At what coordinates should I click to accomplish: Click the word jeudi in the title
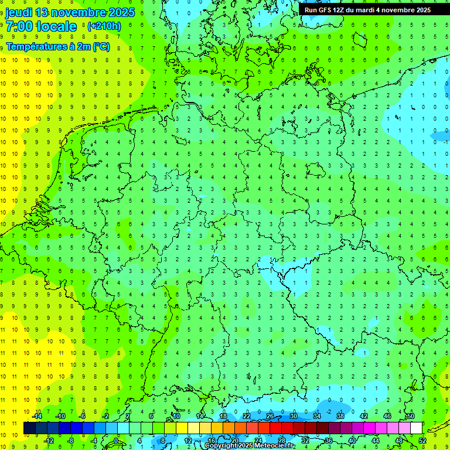19,12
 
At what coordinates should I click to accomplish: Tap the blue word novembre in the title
81,12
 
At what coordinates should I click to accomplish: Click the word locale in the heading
56,26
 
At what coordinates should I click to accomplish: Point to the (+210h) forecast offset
104,26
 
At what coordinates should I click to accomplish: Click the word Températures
35,47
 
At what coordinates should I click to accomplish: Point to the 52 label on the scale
422,441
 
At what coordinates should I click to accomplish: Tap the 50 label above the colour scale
410,416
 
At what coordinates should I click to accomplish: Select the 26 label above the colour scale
270,416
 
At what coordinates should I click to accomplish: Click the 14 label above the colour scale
200,416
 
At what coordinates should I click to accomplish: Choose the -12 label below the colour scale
49,441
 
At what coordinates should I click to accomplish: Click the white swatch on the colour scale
416,428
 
